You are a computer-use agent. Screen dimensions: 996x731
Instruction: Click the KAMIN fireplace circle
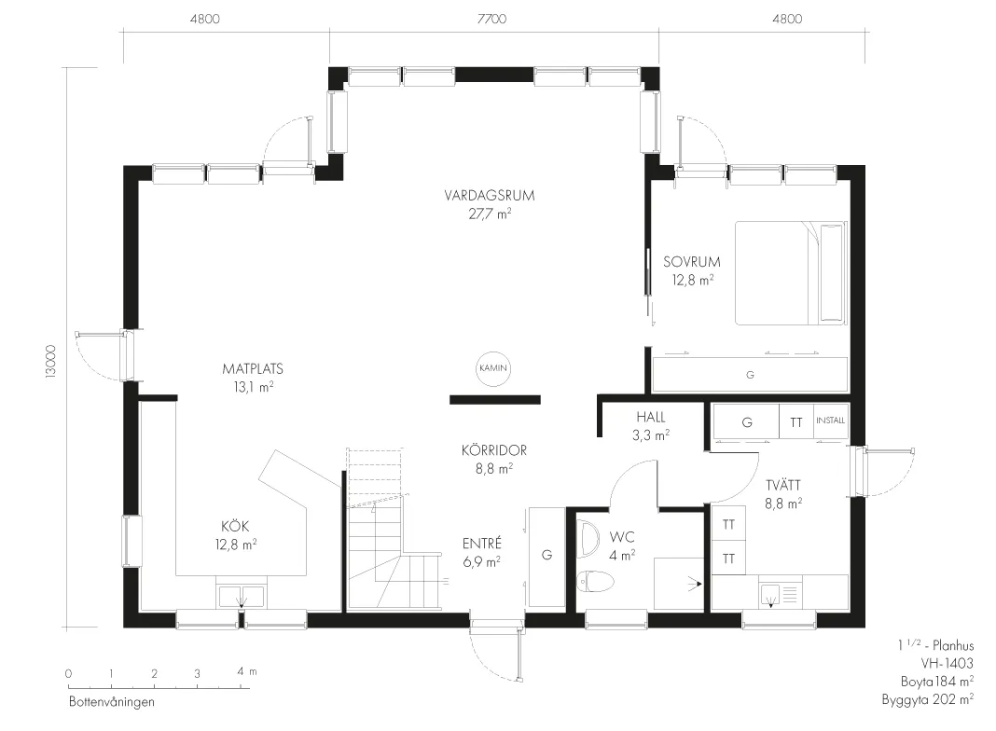pyautogui.click(x=493, y=368)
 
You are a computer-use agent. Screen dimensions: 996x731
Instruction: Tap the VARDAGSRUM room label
pyautogui.click(x=490, y=196)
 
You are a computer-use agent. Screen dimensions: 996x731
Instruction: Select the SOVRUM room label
pyautogui.click(x=692, y=262)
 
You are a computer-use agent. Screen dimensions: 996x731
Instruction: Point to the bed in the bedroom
pyautogui.click(x=792, y=273)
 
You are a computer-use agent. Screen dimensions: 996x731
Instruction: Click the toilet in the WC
pyautogui.click(x=596, y=581)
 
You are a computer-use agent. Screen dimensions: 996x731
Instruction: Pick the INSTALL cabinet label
pyautogui.click(x=831, y=421)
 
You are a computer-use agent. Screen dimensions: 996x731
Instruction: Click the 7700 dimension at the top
pyautogui.click(x=492, y=19)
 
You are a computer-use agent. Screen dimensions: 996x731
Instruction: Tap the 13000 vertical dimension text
pyautogui.click(x=51, y=362)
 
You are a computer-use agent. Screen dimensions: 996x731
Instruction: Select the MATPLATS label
pyautogui.click(x=253, y=368)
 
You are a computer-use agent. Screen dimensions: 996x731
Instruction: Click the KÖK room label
pyautogui.click(x=235, y=526)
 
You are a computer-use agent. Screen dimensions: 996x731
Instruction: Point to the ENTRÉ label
pyautogui.click(x=482, y=544)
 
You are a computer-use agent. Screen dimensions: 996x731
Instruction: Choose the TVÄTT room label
pyautogui.click(x=783, y=485)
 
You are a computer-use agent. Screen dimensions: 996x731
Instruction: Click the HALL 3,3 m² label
pyautogui.click(x=651, y=426)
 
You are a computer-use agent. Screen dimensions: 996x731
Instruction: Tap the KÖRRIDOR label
pyautogui.click(x=494, y=450)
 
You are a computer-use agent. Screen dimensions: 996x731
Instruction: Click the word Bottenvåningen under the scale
pyautogui.click(x=112, y=702)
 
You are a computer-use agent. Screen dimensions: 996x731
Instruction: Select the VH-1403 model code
pyautogui.click(x=948, y=664)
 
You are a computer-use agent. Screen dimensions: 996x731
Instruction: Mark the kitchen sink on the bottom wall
pyautogui.click(x=241, y=597)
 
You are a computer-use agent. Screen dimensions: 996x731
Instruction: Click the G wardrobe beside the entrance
pyautogui.click(x=546, y=557)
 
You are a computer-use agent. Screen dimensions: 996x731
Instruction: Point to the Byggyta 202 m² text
pyautogui.click(x=928, y=700)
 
